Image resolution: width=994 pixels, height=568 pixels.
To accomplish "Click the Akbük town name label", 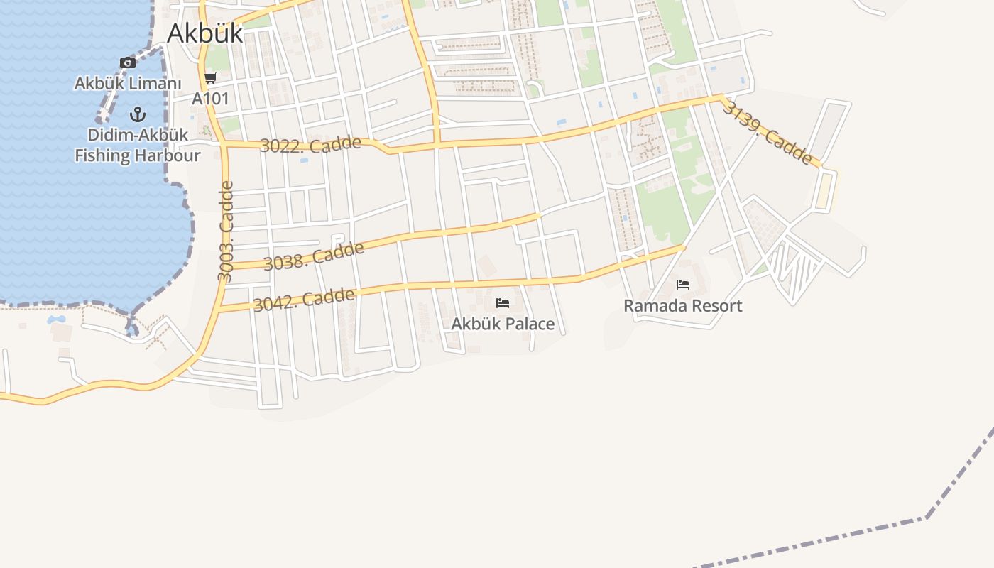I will tap(204, 33).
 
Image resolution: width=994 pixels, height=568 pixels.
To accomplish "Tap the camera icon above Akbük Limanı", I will tap(128, 63).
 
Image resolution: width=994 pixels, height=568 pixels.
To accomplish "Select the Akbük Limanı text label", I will tap(128, 84).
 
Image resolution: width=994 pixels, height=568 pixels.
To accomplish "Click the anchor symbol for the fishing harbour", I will tap(138, 114).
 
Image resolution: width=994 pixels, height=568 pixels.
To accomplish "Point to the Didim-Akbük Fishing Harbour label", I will tap(138, 145).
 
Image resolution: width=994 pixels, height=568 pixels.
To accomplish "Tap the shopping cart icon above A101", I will tap(210, 78).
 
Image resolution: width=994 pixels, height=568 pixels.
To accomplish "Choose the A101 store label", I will tap(211, 98).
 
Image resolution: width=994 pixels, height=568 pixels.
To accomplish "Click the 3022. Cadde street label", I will tap(311, 144).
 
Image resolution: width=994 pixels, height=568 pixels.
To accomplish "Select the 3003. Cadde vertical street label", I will tap(226, 231).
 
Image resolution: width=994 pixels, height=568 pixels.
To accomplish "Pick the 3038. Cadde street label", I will tap(314, 256).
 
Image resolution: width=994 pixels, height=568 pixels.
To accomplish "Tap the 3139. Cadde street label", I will tap(768, 132).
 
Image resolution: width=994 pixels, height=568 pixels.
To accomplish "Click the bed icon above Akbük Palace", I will tap(503, 303).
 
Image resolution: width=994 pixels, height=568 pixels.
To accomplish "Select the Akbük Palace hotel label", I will tap(503, 324).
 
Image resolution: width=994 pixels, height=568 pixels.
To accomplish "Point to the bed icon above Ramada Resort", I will tap(683, 285).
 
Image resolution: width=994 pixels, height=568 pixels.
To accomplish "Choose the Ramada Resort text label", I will tap(683, 306).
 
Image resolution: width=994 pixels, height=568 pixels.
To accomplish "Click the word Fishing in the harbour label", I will tap(102, 155).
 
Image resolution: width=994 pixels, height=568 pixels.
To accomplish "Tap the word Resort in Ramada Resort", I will tap(714, 306).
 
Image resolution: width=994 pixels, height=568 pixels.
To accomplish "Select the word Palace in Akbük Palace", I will tap(527, 324).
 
